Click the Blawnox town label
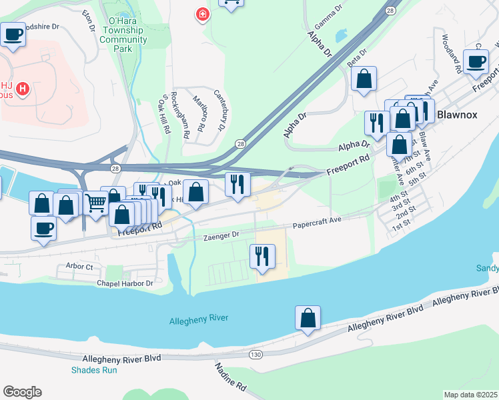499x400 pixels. pos(457,115)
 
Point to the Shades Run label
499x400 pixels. pos(91,370)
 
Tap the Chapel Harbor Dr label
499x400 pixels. pos(125,283)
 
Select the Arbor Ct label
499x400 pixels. pos(79,266)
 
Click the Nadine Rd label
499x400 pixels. pos(231,377)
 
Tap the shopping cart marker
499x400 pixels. pos(96,201)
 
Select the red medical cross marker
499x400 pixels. pos(200,14)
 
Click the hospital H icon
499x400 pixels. pos(23,88)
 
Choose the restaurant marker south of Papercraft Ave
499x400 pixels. pos(262,255)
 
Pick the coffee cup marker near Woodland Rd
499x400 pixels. pos(476,61)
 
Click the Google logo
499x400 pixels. pos(22,392)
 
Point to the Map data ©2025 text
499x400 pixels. pos(470,395)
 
